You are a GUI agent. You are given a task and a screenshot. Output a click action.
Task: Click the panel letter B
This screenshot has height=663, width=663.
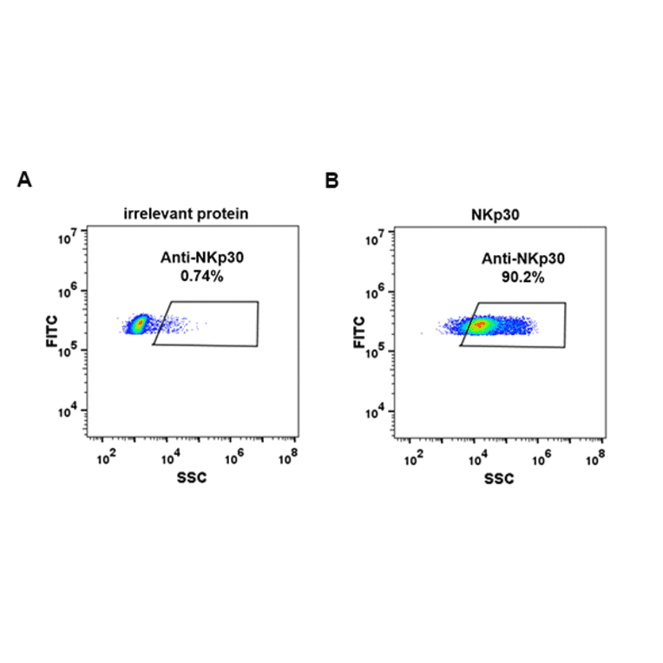coord(331,181)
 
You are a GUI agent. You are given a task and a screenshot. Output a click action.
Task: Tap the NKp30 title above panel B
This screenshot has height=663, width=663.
coord(499,213)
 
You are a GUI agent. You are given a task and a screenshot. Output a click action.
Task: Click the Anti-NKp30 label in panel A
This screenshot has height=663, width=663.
coord(200,258)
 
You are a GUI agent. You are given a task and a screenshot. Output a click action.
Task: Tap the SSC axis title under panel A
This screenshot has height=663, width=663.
coord(192,478)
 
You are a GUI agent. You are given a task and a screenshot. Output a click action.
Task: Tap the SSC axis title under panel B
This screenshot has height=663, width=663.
coord(499,479)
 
